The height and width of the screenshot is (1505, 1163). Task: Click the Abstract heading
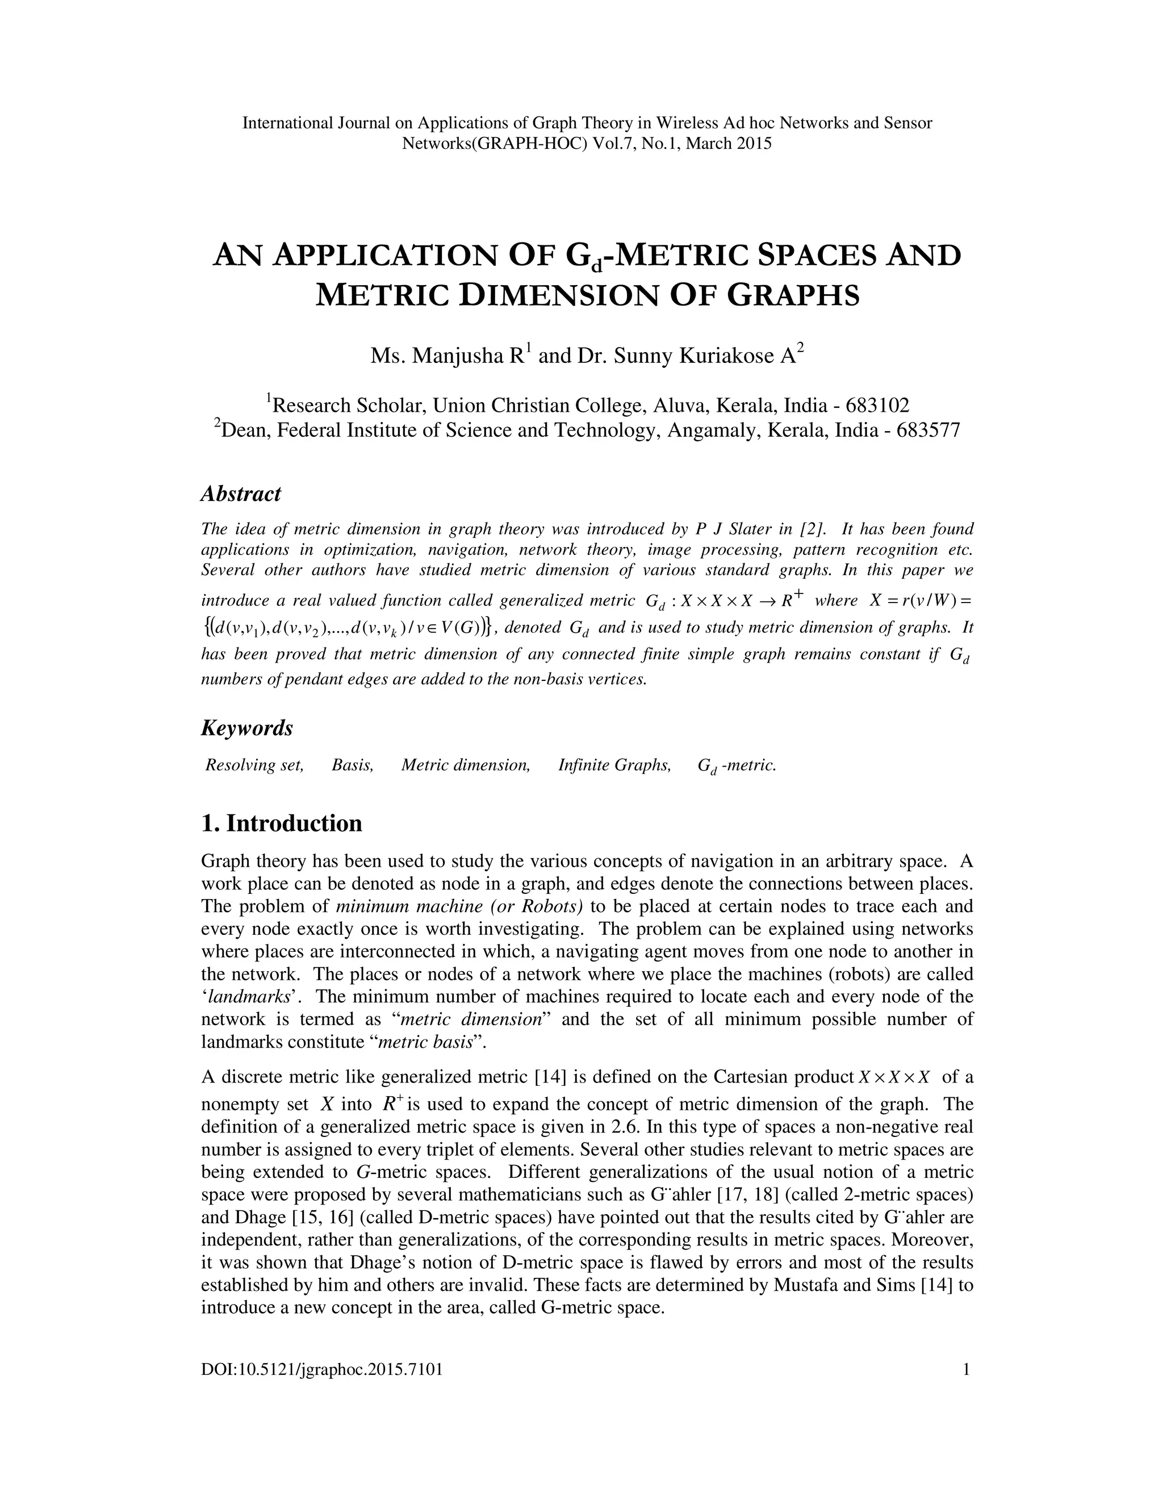[x=240, y=494]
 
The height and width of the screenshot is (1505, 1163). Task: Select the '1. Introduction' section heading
[x=281, y=823]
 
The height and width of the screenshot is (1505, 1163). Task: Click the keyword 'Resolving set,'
[x=254, y=765]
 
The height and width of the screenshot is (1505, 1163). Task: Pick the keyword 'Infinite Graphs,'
[x=614, y=765]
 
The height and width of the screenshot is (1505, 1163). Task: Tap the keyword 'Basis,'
[x=353, y=765]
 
